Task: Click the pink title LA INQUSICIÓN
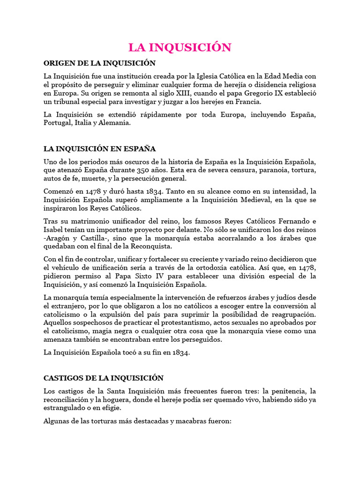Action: pyautogui.click(x=180, y=47)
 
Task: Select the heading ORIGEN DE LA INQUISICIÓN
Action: pyautogui.click(x=99, y=63)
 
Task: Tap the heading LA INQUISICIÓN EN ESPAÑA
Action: pyautogui.click(x=99, y=149)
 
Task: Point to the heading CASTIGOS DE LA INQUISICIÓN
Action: pyautogui.click(x=104, y=378)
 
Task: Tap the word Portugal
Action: pyautogui.click(x=57, y=123)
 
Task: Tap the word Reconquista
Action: pyautogui.click(x=149, y=247)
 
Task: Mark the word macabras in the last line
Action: pyautogui.click(x=190, y=421)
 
